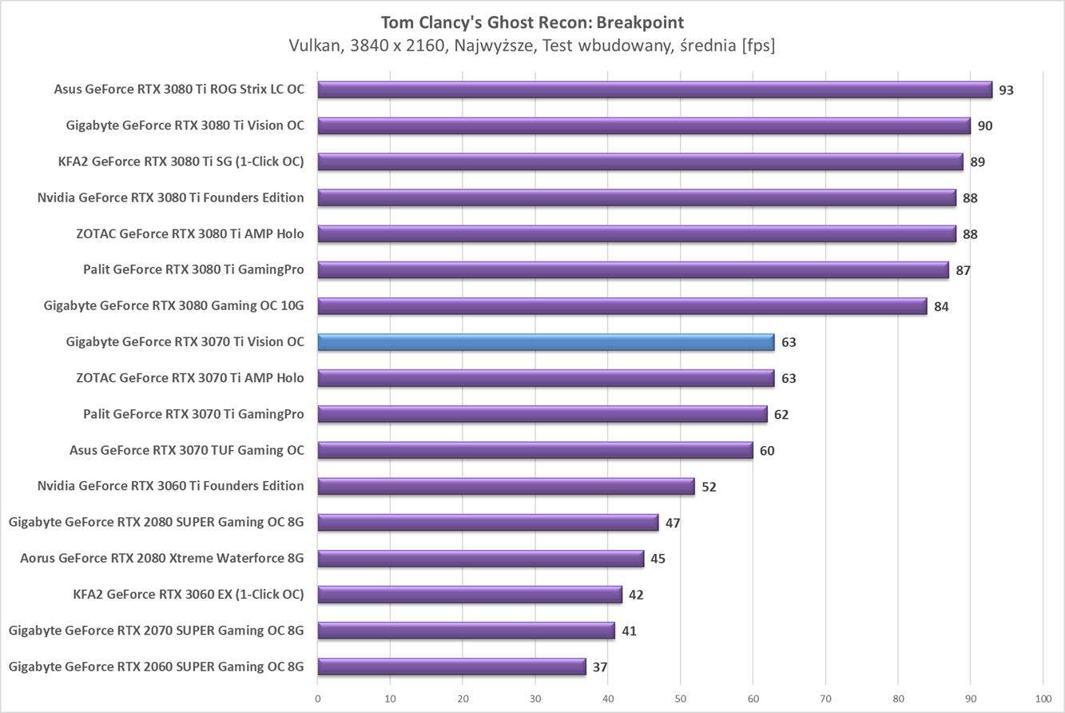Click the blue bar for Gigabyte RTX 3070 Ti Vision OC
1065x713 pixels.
(546, 342)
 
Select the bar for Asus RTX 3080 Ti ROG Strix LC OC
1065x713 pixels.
(654, 90)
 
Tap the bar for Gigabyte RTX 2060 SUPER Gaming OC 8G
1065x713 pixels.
(451, 667)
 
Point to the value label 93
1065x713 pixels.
(1006, 90)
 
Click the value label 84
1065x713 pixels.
(941, 307)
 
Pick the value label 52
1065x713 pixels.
(709, 487)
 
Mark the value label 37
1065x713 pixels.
(600, 667)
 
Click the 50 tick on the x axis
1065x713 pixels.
(680, 699)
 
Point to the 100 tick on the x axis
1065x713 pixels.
(1043, 699)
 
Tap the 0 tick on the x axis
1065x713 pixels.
(318, 699)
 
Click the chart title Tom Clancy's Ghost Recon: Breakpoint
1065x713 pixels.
(532, 22)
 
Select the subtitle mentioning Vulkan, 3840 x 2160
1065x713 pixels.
(532, 46)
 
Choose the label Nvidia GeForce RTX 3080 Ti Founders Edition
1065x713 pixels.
(171, 197)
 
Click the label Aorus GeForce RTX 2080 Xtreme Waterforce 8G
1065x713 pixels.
(162, 558)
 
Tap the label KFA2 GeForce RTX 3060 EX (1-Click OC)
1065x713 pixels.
(189, 594)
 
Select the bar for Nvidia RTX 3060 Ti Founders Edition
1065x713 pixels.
(506, 486)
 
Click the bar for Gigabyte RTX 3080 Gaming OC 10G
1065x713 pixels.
(622, 306)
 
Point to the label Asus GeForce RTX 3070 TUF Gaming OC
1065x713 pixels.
(187, 450)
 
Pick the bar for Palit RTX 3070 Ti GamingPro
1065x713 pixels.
(542, 414)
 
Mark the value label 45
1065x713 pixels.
(658, 559)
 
